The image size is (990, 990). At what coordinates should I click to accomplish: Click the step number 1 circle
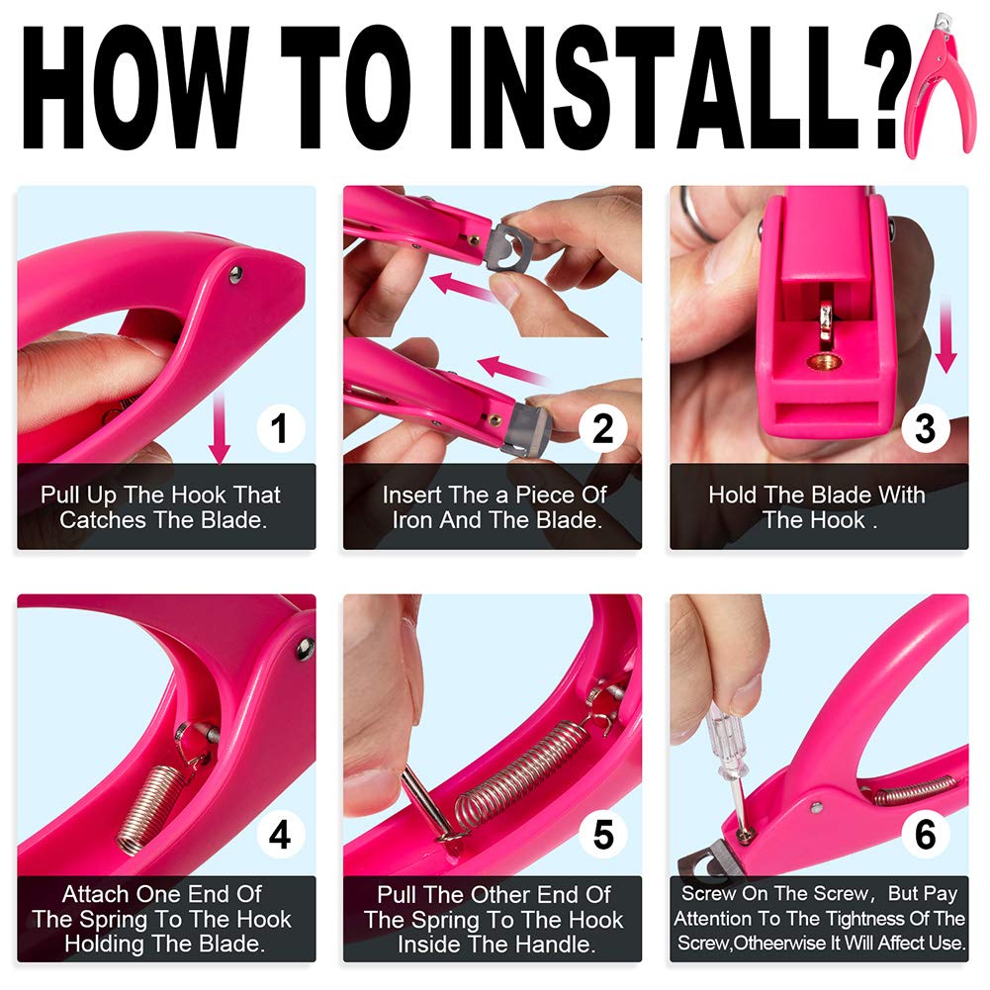pyautogui.click(x=281, y=428)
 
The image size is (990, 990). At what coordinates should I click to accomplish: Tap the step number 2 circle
pyautogui.click(x=603, y=428)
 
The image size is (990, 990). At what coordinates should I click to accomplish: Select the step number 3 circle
pyautogui.click(x=925, y=428)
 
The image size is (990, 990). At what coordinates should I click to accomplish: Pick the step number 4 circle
pyautogui.click(x=281, y=834)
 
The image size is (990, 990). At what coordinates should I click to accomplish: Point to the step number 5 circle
pyautogui.click(x=603, y=834)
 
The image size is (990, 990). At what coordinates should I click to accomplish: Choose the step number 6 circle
pyautogui.click(x=925, y=834)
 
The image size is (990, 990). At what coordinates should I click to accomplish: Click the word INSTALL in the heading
pyautogui.click(x=654, y=88)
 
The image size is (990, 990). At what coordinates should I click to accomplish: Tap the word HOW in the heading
pyautogui.click(x=135, y=88)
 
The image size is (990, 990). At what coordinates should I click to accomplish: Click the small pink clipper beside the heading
pyautogui.click(x=939, y=85)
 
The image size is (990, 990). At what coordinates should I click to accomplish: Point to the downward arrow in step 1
pyautogui.click(x=220, y=425)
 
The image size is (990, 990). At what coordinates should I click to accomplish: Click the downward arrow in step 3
pyautogui.click(x=945, y=338)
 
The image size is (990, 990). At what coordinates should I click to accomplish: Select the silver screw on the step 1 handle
pyautogui.click(x=235, y=273)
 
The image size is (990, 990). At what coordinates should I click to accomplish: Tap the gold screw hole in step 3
pyautogui.click(x=824, y=362)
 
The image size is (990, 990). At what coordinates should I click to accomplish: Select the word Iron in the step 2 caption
pyautogui.click(x=412, y=519)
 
